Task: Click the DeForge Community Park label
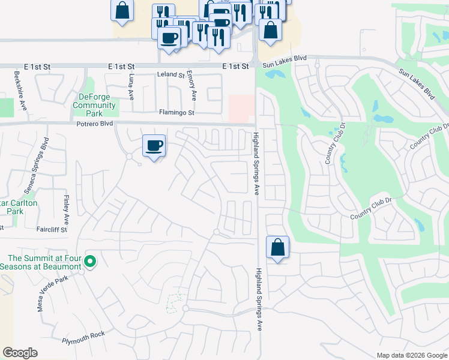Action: pos(94,106)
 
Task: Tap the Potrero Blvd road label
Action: pos(95,124)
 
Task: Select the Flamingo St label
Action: pos(177,112)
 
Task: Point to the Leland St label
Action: pos(170,75)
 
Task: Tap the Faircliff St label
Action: pos(51,229)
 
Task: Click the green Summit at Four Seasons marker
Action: pos(90,261)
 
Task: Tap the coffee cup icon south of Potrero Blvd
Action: pos(154,145)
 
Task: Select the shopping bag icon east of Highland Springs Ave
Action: pos(277,247)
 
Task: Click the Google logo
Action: pos(20,353)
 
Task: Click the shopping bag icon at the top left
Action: pos(122,10)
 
